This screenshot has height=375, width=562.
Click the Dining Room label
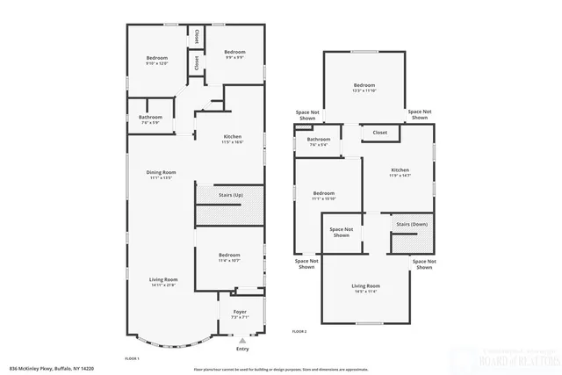(161, 174)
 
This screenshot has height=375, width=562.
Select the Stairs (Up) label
(231, 195)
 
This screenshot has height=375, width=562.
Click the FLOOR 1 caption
(133, 359)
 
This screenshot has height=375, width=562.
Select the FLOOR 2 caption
(299, 331)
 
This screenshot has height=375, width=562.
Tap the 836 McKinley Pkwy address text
(53, 369)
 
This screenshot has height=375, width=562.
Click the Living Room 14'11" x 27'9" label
(163, 282)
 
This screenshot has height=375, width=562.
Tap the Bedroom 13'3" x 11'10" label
(364, 87)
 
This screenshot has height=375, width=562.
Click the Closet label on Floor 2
(380, 133)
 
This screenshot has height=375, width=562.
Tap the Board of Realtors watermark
(519, 361)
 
